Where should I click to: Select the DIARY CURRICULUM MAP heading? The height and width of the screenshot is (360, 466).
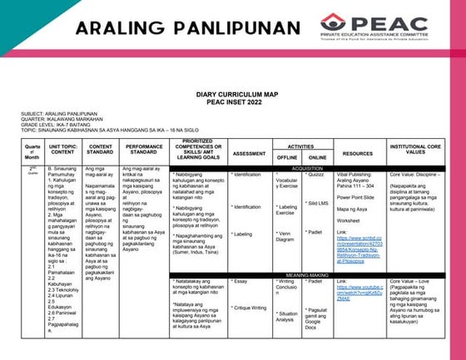click(x=235, y=95)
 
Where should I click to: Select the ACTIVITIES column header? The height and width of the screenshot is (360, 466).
click(x=300, y=145)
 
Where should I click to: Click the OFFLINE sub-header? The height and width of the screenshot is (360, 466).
click(x=287, y=157)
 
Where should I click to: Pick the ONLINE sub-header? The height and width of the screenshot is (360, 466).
click(x=317, y=157)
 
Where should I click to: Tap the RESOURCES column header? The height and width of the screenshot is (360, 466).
click(x=358, y=153)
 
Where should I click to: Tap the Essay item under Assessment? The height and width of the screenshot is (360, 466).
click(x=240, y=282)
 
